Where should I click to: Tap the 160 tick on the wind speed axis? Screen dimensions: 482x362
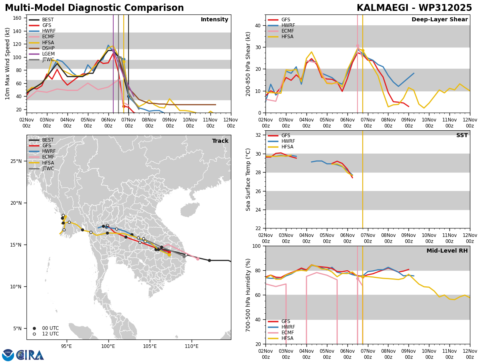(x=17, y=18)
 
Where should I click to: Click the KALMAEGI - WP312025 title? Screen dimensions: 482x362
(x=414, y=8)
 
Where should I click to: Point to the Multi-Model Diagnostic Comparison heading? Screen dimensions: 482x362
(x=94, y=8)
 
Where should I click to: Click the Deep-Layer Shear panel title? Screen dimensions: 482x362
(x=439, y=19)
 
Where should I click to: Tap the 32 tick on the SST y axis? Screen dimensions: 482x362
(x=258, y=135)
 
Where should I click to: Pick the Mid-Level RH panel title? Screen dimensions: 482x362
(x=447, y=251)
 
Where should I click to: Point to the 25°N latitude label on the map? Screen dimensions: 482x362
(x=16, y=161)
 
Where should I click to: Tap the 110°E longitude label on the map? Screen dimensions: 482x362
(x=192, y=346)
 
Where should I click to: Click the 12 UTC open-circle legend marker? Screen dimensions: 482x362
(x=34, y=334)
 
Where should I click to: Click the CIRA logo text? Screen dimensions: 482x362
(x=30, y=355)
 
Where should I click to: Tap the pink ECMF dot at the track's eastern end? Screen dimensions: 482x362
(x=198, y=259)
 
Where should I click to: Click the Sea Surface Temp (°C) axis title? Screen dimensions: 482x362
(x=248, y=180)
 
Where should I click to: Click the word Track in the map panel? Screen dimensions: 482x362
(x=220, y=141)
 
